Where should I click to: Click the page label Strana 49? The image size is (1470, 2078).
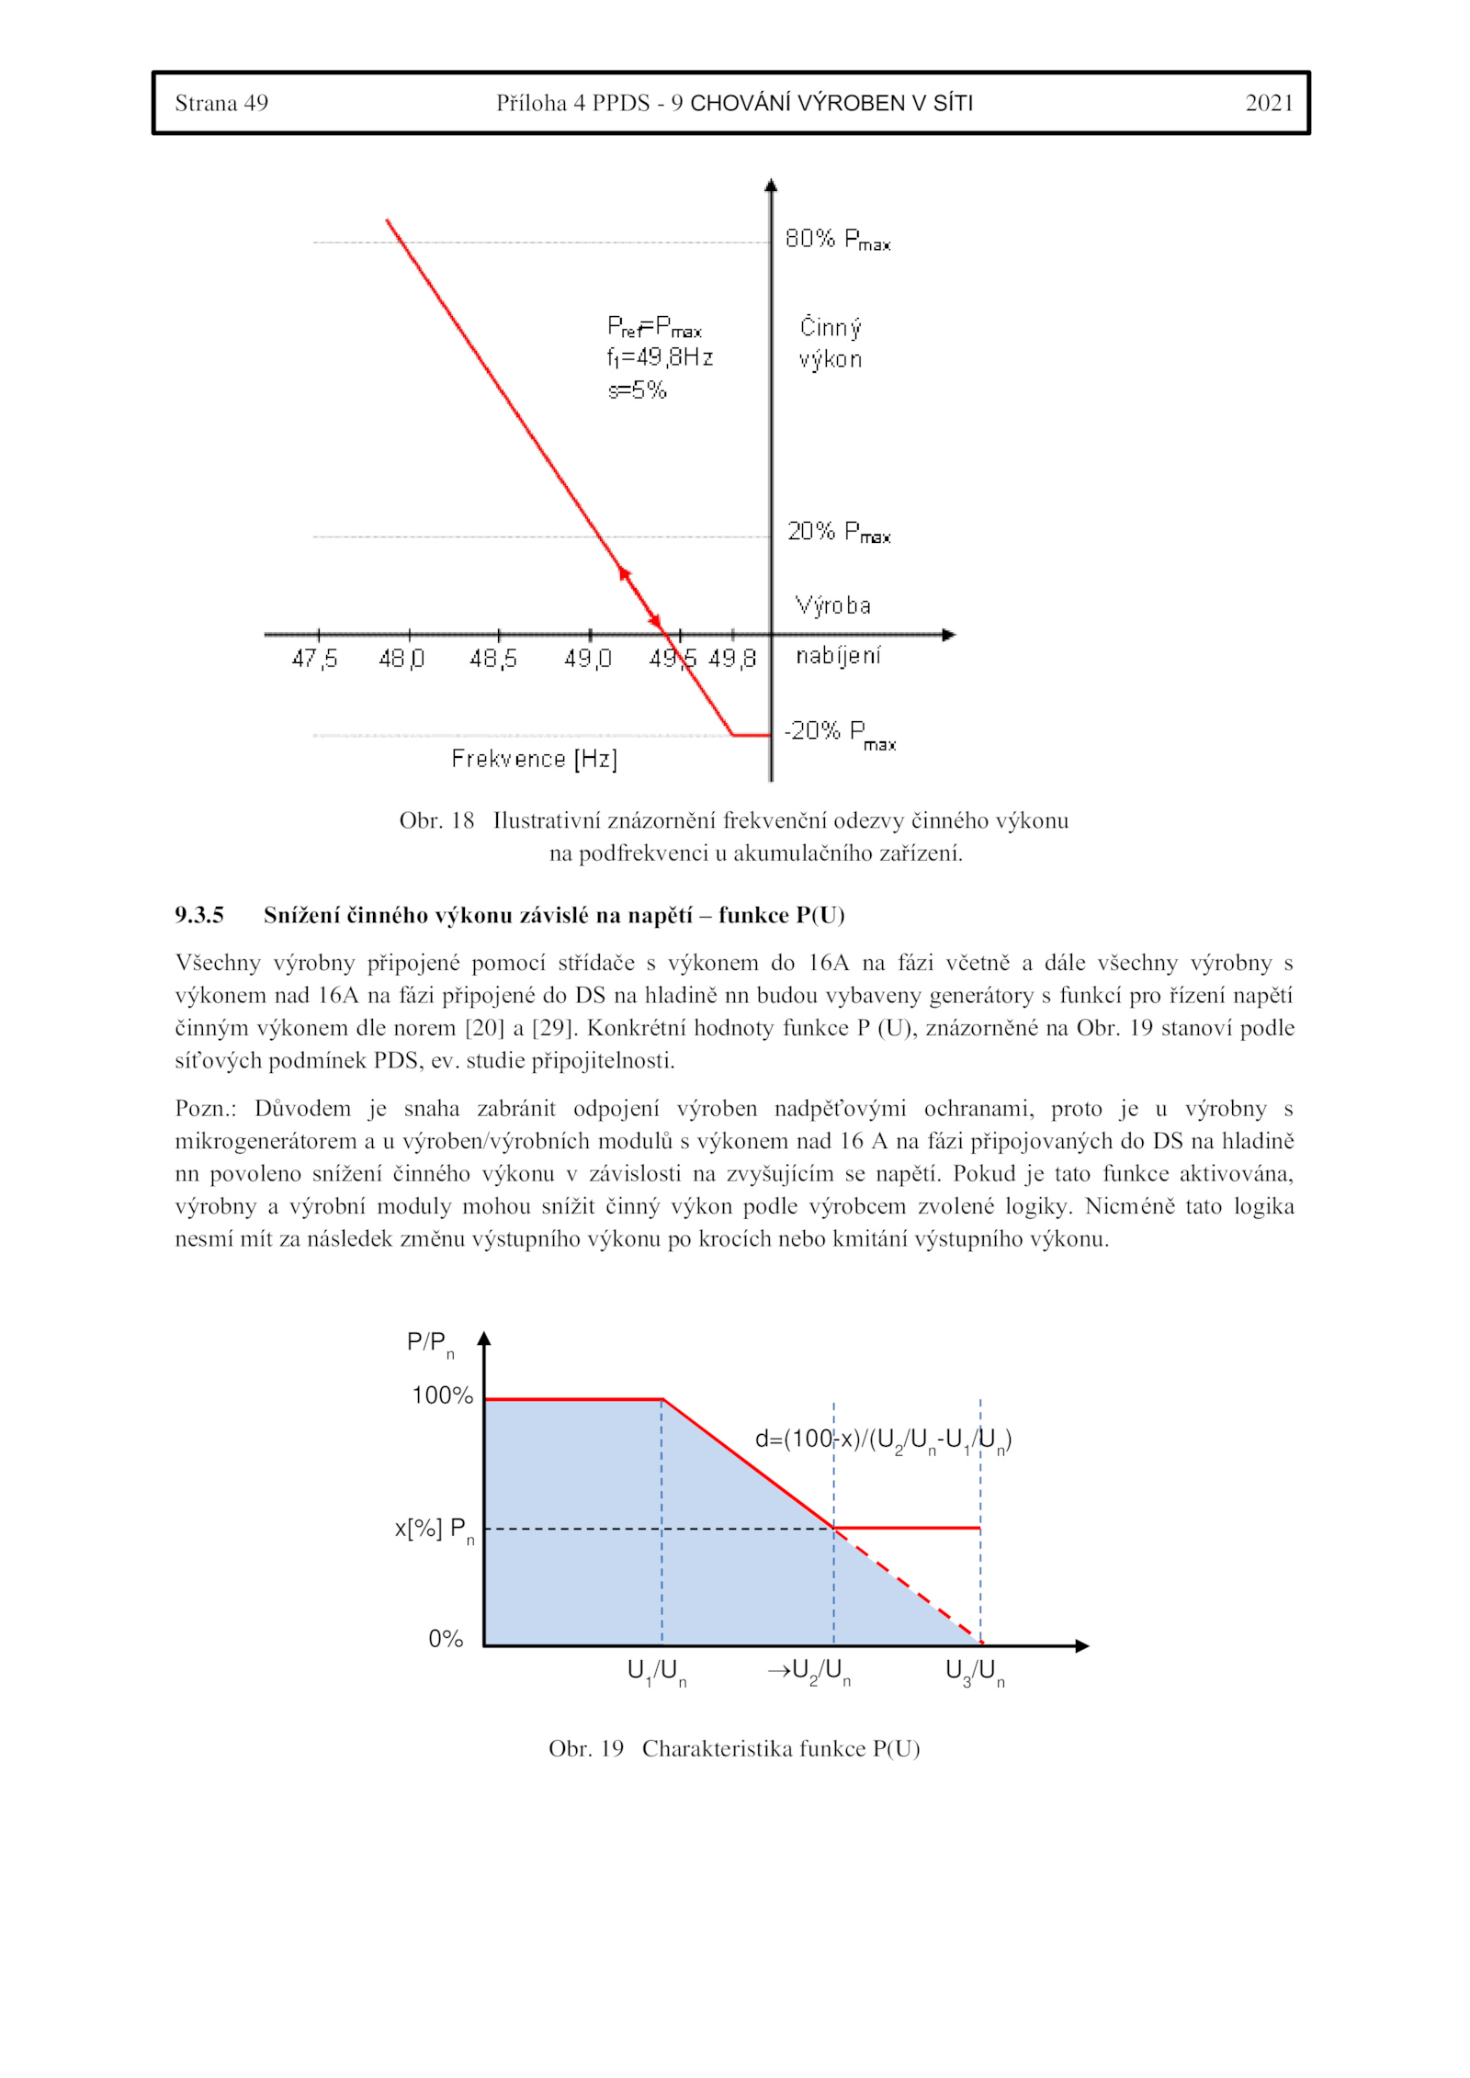221,103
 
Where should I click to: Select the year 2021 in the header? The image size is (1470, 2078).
1268,103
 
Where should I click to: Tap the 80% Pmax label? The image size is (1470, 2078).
837,240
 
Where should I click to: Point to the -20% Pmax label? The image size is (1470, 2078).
839,733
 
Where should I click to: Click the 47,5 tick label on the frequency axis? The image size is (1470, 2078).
314,659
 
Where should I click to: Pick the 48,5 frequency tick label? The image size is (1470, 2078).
493,659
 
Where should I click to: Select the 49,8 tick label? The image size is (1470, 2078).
732,659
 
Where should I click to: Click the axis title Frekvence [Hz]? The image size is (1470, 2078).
534,759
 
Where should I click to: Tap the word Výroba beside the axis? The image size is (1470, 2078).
832,605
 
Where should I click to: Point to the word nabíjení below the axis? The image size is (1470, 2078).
837,656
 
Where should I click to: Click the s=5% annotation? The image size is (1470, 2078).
637,390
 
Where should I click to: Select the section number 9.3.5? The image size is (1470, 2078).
199,915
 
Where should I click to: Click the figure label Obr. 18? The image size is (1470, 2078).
436,820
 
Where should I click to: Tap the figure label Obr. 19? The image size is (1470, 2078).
586,1748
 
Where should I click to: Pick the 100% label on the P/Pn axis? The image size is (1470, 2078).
442,1395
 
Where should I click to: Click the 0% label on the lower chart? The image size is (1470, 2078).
446,1639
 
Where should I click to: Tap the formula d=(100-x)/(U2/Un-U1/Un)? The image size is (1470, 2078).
883,1440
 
